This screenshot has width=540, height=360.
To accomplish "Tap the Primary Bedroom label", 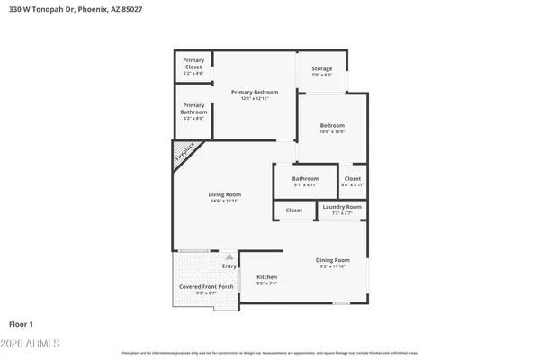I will click(x=255, y=92).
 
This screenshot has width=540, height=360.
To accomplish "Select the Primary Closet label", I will click(x=193, y=60).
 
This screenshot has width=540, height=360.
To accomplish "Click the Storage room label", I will click(x=321, y=68).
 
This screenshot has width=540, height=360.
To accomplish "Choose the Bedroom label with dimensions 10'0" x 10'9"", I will click(x=331, y=125).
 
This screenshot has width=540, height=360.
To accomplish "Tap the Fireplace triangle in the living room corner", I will click(x=185, y=154).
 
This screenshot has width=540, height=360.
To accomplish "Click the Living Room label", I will click(x=224, y=194).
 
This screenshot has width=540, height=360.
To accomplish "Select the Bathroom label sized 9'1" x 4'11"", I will click(x=305, y=178).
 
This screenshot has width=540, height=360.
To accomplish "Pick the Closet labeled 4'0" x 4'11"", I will click(x=352, y=178).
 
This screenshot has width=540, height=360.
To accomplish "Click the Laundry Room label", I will click(x=342, y=207).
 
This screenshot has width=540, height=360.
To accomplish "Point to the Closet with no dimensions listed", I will click(x=294, y=210).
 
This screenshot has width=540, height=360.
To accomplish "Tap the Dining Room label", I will click(x=332, y=259).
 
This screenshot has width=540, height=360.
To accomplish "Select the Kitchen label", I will click(x=266, y=276).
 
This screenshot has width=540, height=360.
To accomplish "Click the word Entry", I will click(x=229, y=265).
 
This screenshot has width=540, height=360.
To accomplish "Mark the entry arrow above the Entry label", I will click(x=229, y=256).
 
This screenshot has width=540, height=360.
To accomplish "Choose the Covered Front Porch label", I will click(x=206, y=286).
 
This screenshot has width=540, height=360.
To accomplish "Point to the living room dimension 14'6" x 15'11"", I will click(x=224, y=201).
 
